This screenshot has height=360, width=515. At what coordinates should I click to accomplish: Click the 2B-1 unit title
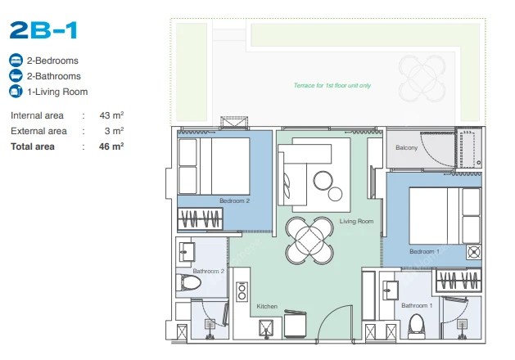click(43, 30)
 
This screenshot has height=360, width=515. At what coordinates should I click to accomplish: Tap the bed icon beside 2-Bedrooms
click(16, 61)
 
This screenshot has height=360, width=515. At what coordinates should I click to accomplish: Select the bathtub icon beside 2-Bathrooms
click(16, 76)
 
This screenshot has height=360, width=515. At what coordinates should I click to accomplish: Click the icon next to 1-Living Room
click(16, 92)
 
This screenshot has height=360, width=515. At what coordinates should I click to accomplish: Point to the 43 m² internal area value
click(111, 115)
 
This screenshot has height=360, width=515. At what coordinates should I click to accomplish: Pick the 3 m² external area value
click(114, 131)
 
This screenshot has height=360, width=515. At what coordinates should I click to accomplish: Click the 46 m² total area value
click(111, 146)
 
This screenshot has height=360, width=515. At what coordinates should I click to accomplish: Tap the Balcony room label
click(407, 147)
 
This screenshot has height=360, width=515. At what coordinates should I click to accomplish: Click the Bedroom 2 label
click(234, 200)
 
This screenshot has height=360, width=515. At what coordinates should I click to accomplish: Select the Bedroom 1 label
click(424, 251)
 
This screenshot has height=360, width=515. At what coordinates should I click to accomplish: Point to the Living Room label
click(356, 221)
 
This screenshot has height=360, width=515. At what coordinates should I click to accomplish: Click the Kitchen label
click(267, 306)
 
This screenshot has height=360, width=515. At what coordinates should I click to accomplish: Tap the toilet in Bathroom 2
click(188, 282)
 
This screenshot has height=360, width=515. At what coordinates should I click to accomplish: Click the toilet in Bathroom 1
click(416, 326)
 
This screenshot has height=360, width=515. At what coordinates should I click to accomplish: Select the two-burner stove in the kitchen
click(242, 292)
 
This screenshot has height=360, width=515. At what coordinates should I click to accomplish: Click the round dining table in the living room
click(309, 241)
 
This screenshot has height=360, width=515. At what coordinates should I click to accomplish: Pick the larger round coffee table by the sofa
click(323, 180)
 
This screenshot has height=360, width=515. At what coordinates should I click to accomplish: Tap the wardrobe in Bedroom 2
click(200, 219)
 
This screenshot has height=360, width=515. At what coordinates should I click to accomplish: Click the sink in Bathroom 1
click(391, 290)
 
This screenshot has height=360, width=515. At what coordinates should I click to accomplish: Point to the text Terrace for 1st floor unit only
click(332, 85)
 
